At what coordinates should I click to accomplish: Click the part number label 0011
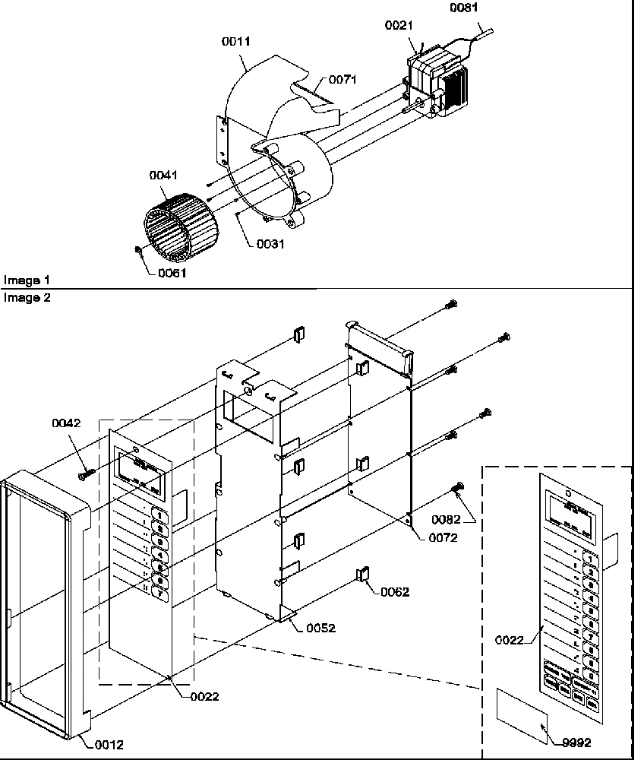[237, 42]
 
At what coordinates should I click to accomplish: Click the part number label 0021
[399, 25]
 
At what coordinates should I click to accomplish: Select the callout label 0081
[465, 8]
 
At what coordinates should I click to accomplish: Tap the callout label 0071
[343, 79]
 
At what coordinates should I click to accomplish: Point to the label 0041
[163, 176]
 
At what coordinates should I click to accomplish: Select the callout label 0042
[67, 423]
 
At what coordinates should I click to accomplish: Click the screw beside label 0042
[86, 474]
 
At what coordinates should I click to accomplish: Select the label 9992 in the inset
[576, 743]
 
